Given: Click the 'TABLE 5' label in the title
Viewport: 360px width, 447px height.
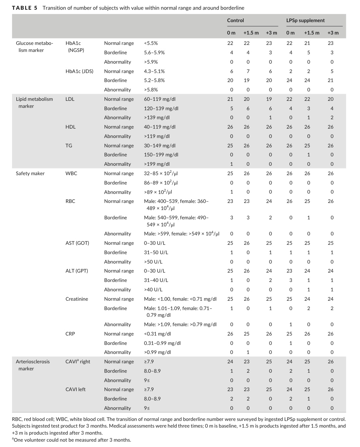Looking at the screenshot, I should [24, 8].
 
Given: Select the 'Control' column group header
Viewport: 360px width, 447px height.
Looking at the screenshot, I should [235, 20].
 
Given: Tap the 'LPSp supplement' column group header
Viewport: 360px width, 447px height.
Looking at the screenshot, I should [305, 20].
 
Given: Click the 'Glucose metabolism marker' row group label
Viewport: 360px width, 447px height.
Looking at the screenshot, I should [34, 47].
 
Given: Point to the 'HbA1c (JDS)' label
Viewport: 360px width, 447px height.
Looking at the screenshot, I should [79, 71].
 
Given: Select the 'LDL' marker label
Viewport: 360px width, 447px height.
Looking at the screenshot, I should [70, 99].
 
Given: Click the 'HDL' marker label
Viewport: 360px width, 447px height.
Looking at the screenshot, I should [70, 127].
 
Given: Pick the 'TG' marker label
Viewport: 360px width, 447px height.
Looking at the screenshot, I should [69, 146].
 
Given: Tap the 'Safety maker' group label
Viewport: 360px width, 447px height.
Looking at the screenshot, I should [30, 173].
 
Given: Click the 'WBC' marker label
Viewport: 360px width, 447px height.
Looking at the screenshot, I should [71, 173].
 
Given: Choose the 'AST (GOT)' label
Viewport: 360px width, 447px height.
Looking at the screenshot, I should [77, 243].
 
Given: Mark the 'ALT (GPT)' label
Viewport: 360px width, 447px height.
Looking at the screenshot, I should [76, 271].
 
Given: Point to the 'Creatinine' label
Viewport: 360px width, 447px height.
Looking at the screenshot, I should [77, 299].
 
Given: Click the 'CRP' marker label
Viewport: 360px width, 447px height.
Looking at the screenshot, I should [70, 334].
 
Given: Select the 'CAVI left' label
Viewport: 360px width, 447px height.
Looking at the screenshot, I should [75, 389].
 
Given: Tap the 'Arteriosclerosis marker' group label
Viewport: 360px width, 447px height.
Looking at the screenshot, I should [33, 365].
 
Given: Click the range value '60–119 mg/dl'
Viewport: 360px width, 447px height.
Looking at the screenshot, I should [160, 99].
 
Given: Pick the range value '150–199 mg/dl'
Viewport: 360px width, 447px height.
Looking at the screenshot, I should [161, 155].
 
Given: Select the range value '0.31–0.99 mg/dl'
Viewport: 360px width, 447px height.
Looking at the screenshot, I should [162, 343].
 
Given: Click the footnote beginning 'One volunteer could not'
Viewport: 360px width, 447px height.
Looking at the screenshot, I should [72, 440].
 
